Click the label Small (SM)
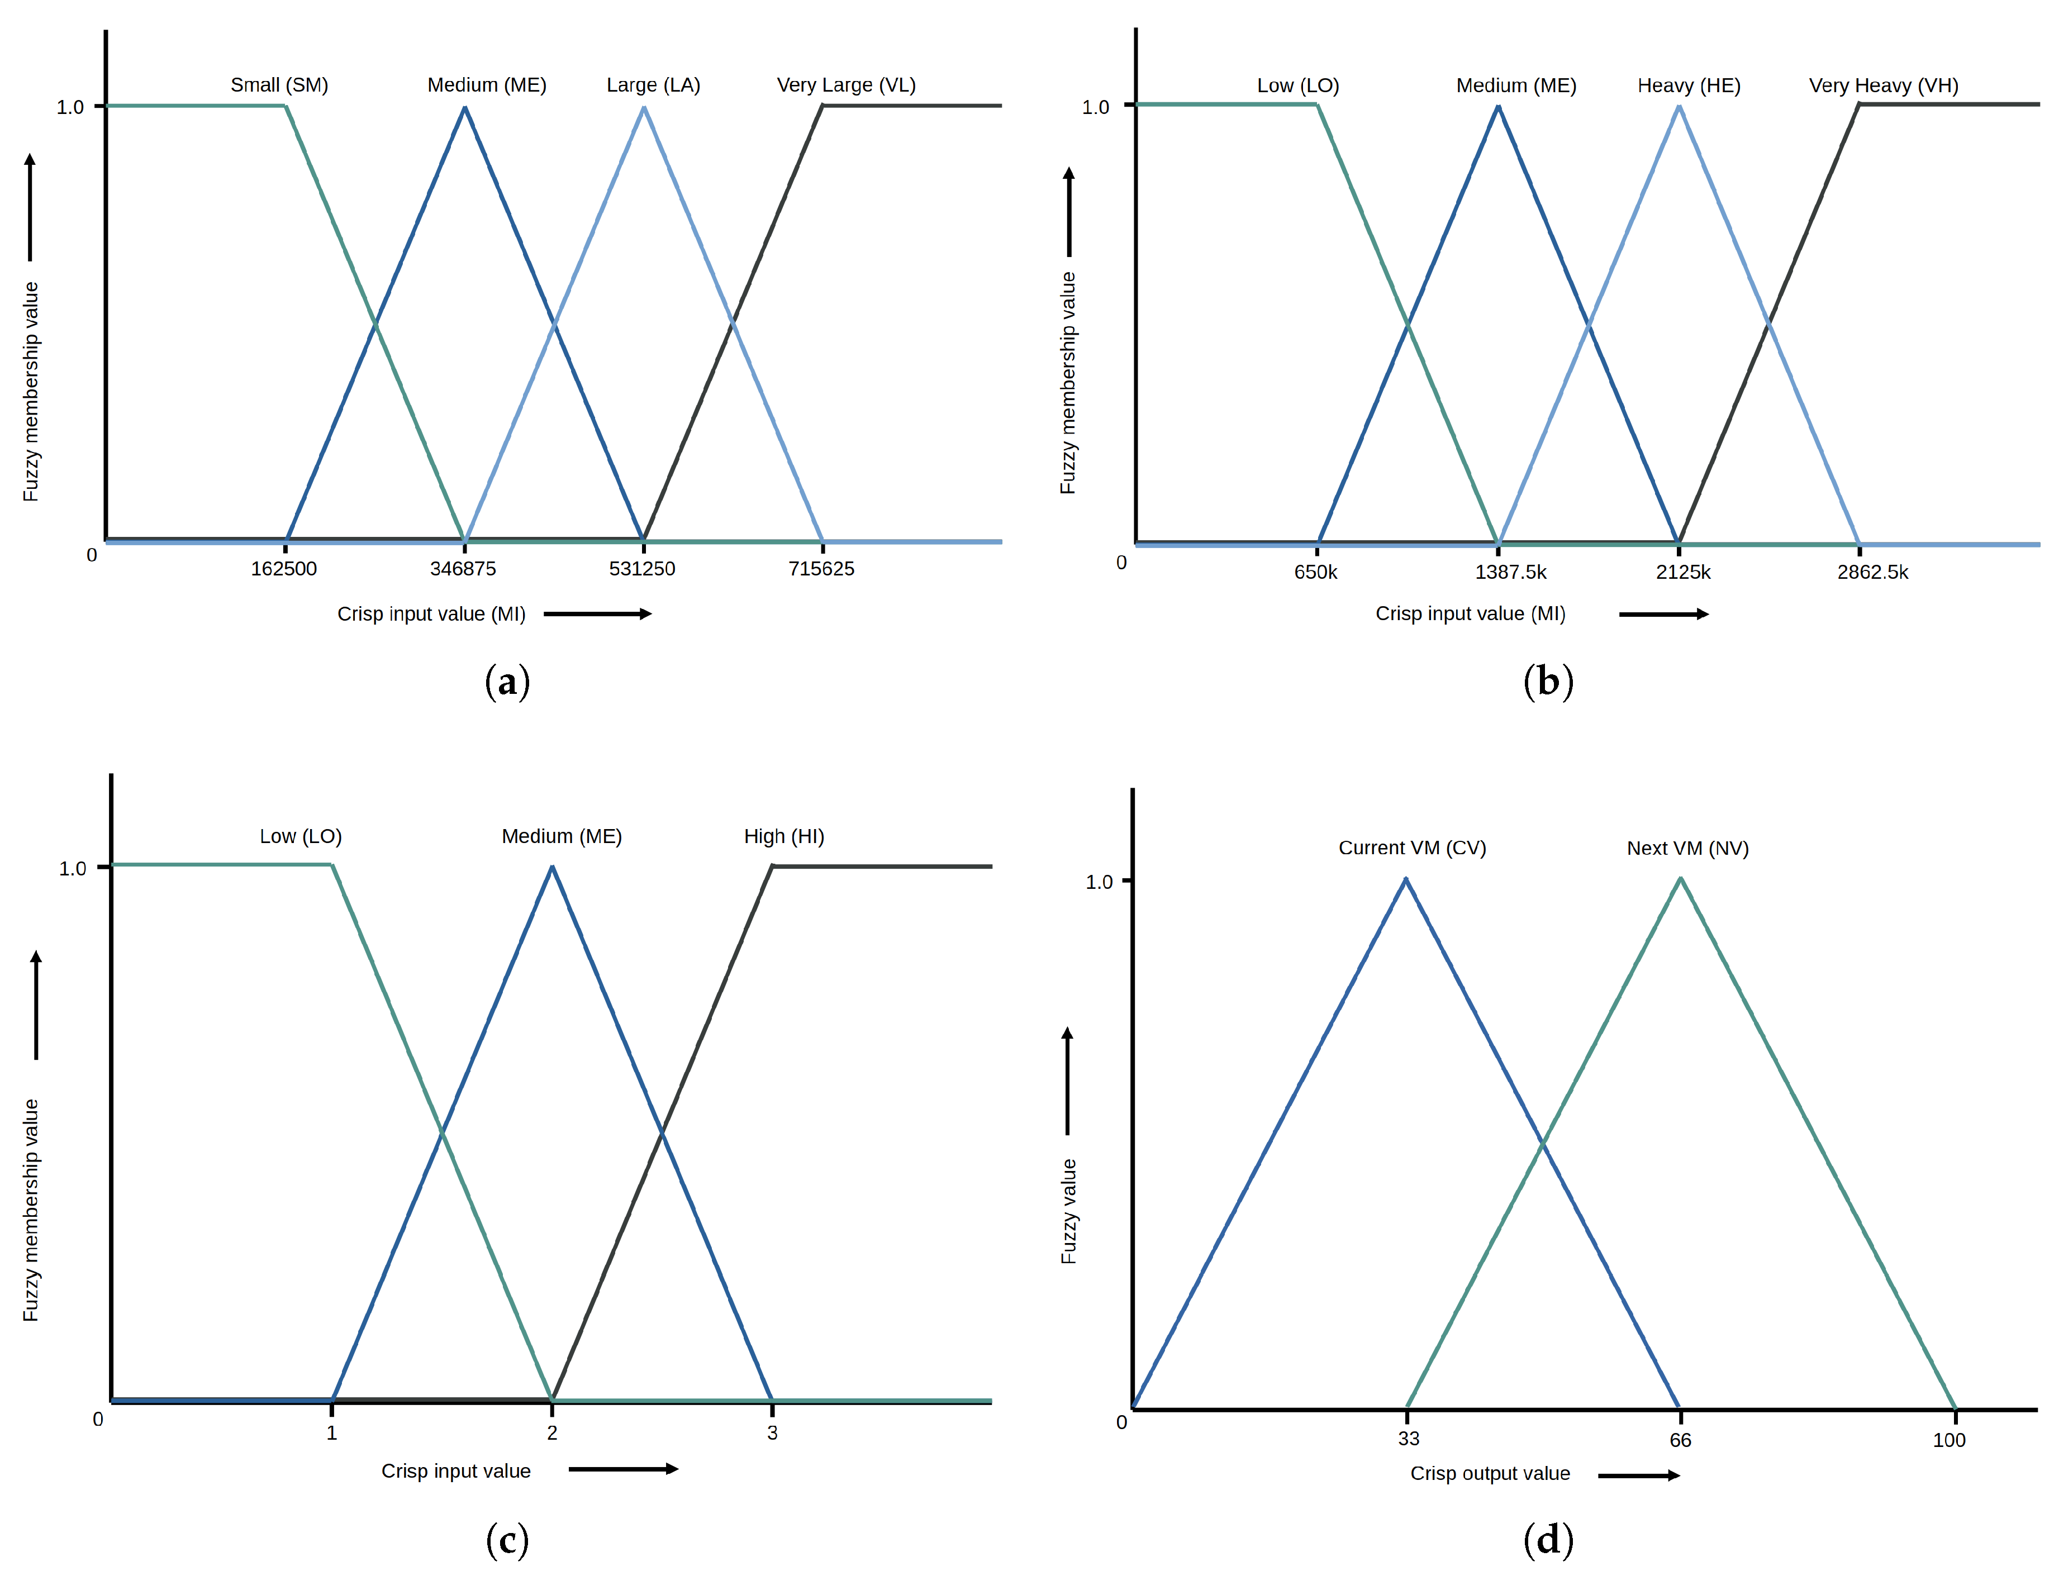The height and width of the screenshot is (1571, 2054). click(x=279, y=85)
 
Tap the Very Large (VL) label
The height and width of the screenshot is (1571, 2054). click(x=845, y=85)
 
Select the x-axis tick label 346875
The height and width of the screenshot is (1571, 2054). click(x=463, y=569)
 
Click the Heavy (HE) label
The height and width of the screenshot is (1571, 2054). click(x=1688, y=86)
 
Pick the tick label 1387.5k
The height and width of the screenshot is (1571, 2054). click(x=1510, y=572)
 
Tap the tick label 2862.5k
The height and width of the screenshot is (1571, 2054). click(x=1872, y=572)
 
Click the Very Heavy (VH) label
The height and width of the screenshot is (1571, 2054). click(x=1883, y=86)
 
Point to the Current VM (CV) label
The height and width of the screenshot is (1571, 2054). click(x=1411, y=848)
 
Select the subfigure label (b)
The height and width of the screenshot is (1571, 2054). click(x=1548, y=682)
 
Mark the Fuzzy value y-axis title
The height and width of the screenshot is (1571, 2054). click(x=1068, y=1211)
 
